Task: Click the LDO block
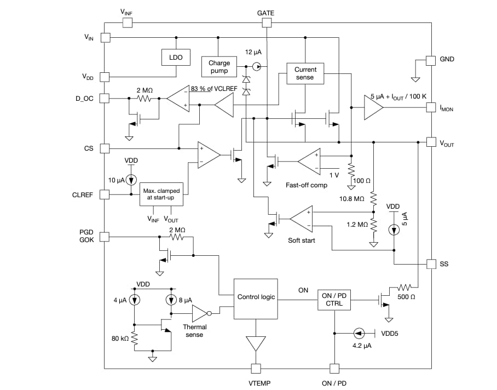176,57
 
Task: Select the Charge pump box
219,67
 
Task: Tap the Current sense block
305,73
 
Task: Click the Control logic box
256,297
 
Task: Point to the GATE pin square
266,22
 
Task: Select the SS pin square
431,263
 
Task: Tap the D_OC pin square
105,99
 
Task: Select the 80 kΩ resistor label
120,339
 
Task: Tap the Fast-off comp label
307,185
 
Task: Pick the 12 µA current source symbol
257,66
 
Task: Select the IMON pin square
431,108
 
